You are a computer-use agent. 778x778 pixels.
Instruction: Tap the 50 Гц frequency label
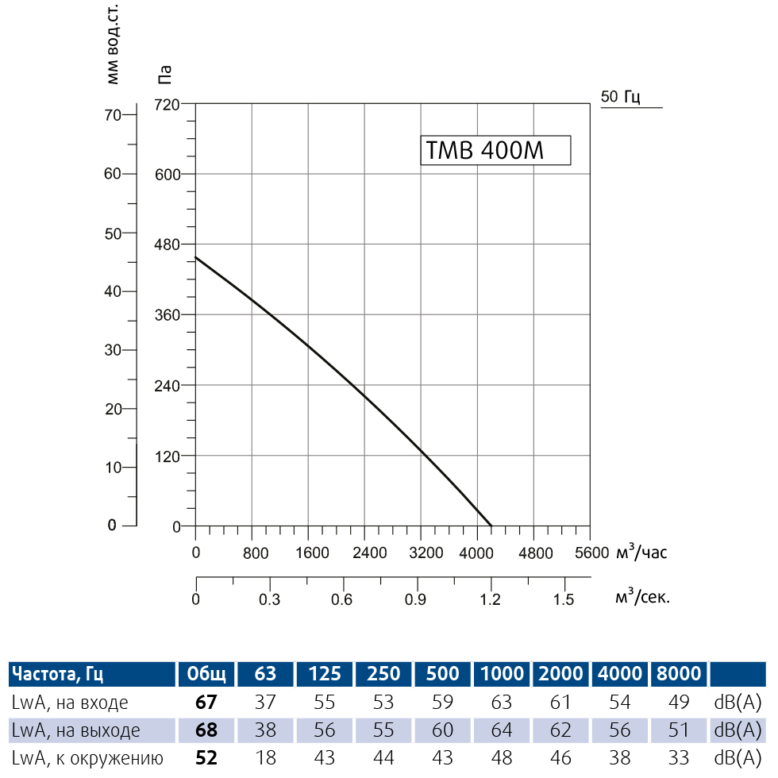pyautogui.click(x=620, y=97)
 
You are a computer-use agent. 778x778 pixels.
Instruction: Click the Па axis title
pyautogui.click(x=165, y=74)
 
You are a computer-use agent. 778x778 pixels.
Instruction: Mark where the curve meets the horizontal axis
pyautogui.click(x=491, y=526)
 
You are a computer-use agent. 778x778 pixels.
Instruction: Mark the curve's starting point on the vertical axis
pyautogui.click(x=196, y=257)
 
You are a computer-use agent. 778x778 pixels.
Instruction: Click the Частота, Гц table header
pyautogui.click(x=57, y=674)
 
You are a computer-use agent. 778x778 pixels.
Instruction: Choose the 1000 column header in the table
pyautogui.click(x=502, y=674)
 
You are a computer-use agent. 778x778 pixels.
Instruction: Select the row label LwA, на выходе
pyautogui.click(x=76, y=730)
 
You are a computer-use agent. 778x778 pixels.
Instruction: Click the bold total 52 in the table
pyautogui.click(x=206, y=758)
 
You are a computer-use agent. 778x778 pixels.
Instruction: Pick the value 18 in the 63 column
pyautogui.click(x=266, y=758)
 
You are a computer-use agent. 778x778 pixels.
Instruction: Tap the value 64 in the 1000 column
pyautogui.click(x=502, y=730)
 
